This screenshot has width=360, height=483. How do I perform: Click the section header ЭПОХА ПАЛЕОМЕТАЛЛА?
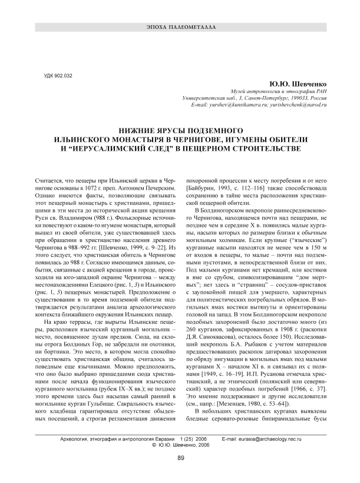click(x=180, y=28)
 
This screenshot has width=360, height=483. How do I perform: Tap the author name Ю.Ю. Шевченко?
click(x=298, y=85)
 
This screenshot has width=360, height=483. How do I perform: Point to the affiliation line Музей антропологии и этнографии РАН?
click(x=278, y=92)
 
